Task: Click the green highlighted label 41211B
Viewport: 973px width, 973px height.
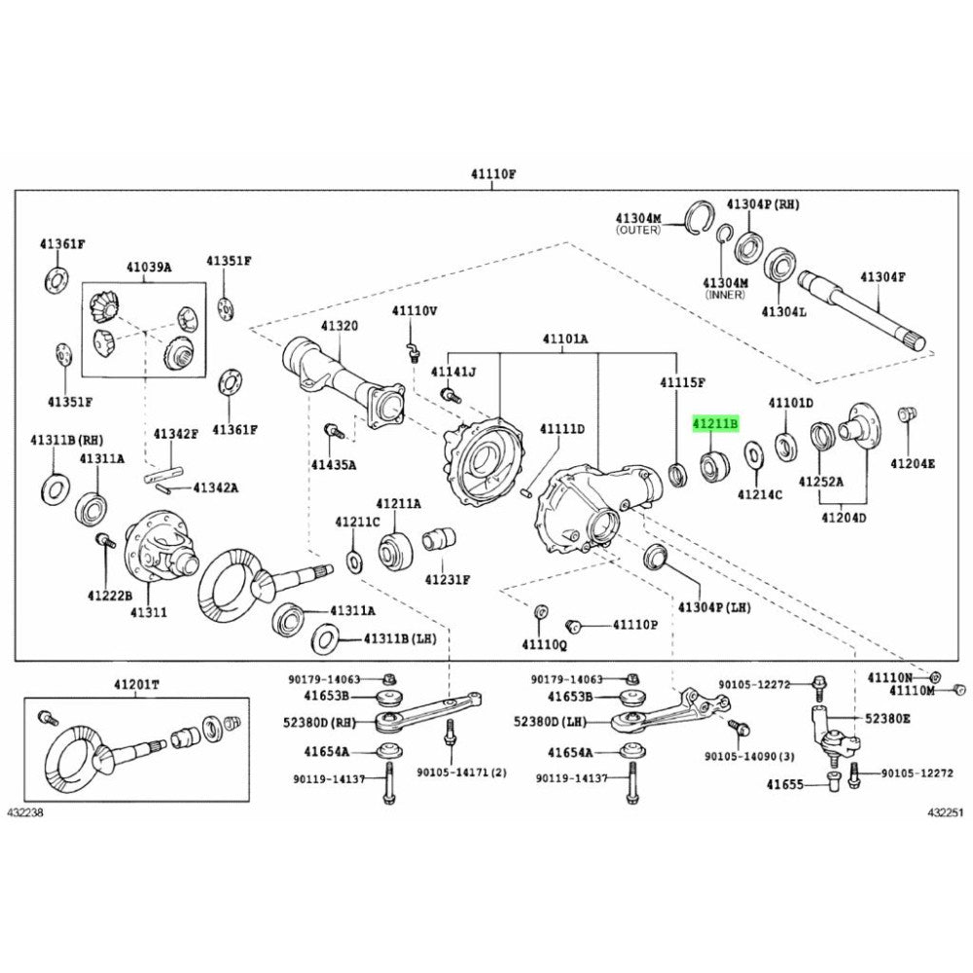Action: [716, 424]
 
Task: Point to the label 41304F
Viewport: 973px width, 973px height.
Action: [883, 277]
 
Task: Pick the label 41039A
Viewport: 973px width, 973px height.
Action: [148, 268]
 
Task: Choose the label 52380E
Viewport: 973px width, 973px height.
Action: [888, 718]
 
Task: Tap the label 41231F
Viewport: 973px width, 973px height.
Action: [448, 579]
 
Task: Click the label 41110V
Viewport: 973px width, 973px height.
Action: [414, 310]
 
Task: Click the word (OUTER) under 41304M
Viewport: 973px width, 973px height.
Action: [637, 231]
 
